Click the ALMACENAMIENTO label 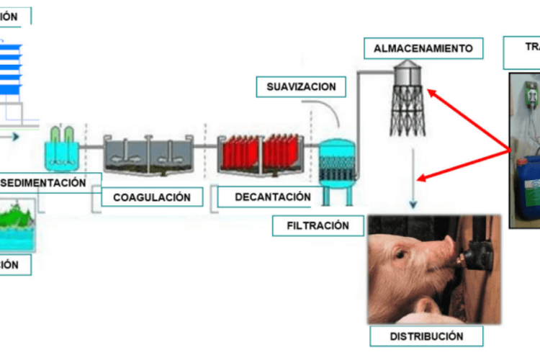[423, 49]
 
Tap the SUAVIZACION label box [301, 87]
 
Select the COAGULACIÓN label [151, 197]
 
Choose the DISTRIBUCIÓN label [426, 336]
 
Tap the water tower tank [408, 73]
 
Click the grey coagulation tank [148, 156]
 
